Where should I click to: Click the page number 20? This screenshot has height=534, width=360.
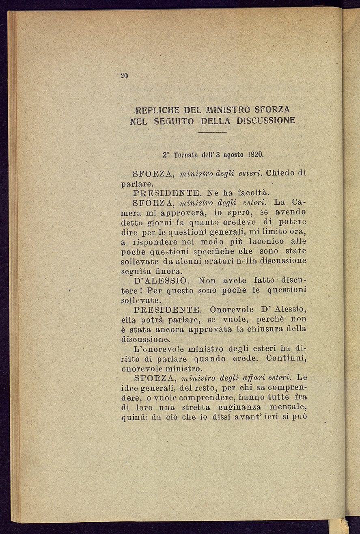(x=124, y=76)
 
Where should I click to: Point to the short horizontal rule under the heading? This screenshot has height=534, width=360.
(x=213, y=132)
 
